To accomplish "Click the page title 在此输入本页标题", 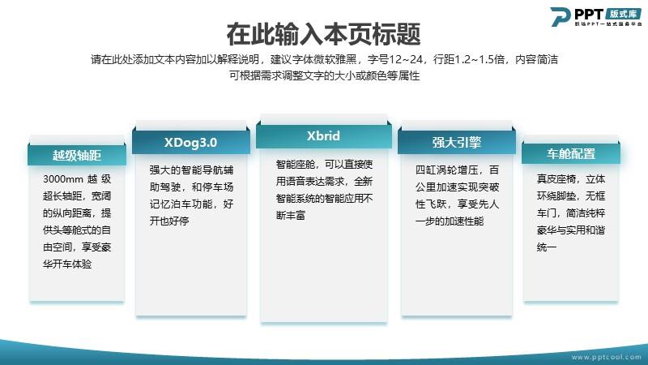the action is (323, 34).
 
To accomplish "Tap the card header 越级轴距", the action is (77, 155).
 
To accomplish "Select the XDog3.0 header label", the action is (190, 143).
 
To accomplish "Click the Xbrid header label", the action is (323, 135).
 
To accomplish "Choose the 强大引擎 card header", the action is (457, 143).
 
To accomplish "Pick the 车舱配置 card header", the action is (571, 154).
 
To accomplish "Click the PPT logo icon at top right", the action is (561, 16).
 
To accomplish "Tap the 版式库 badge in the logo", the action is (624, 14).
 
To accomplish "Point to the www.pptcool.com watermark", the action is (606, 357).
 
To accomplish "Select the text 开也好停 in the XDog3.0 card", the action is (169, 221).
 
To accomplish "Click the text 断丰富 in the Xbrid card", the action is (291, 215).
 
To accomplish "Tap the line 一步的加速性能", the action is (450, 221).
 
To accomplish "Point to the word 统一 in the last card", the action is (547, 247).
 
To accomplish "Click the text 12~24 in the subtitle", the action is (406, 59).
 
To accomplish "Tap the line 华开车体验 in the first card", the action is (67, 264).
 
